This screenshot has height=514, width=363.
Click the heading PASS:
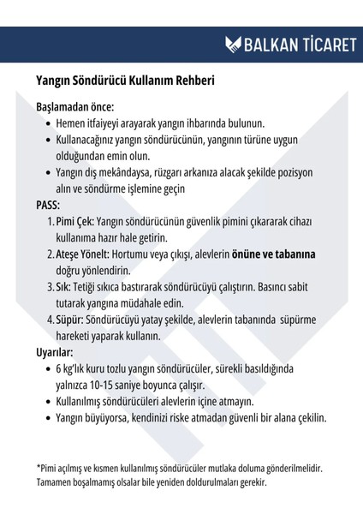pos(49,206)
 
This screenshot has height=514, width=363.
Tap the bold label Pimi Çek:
pos(74,222)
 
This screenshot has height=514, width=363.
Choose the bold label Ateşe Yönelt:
pos(83,254)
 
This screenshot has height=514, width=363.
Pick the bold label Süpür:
pos(71,320)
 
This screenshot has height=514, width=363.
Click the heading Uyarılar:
pos(55,352)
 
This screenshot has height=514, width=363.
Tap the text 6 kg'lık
pos(75,369)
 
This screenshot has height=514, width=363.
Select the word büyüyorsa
pos(116,418)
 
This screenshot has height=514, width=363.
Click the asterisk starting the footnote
pos(39,468)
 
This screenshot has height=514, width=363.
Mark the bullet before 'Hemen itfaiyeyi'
pos(47,125)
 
